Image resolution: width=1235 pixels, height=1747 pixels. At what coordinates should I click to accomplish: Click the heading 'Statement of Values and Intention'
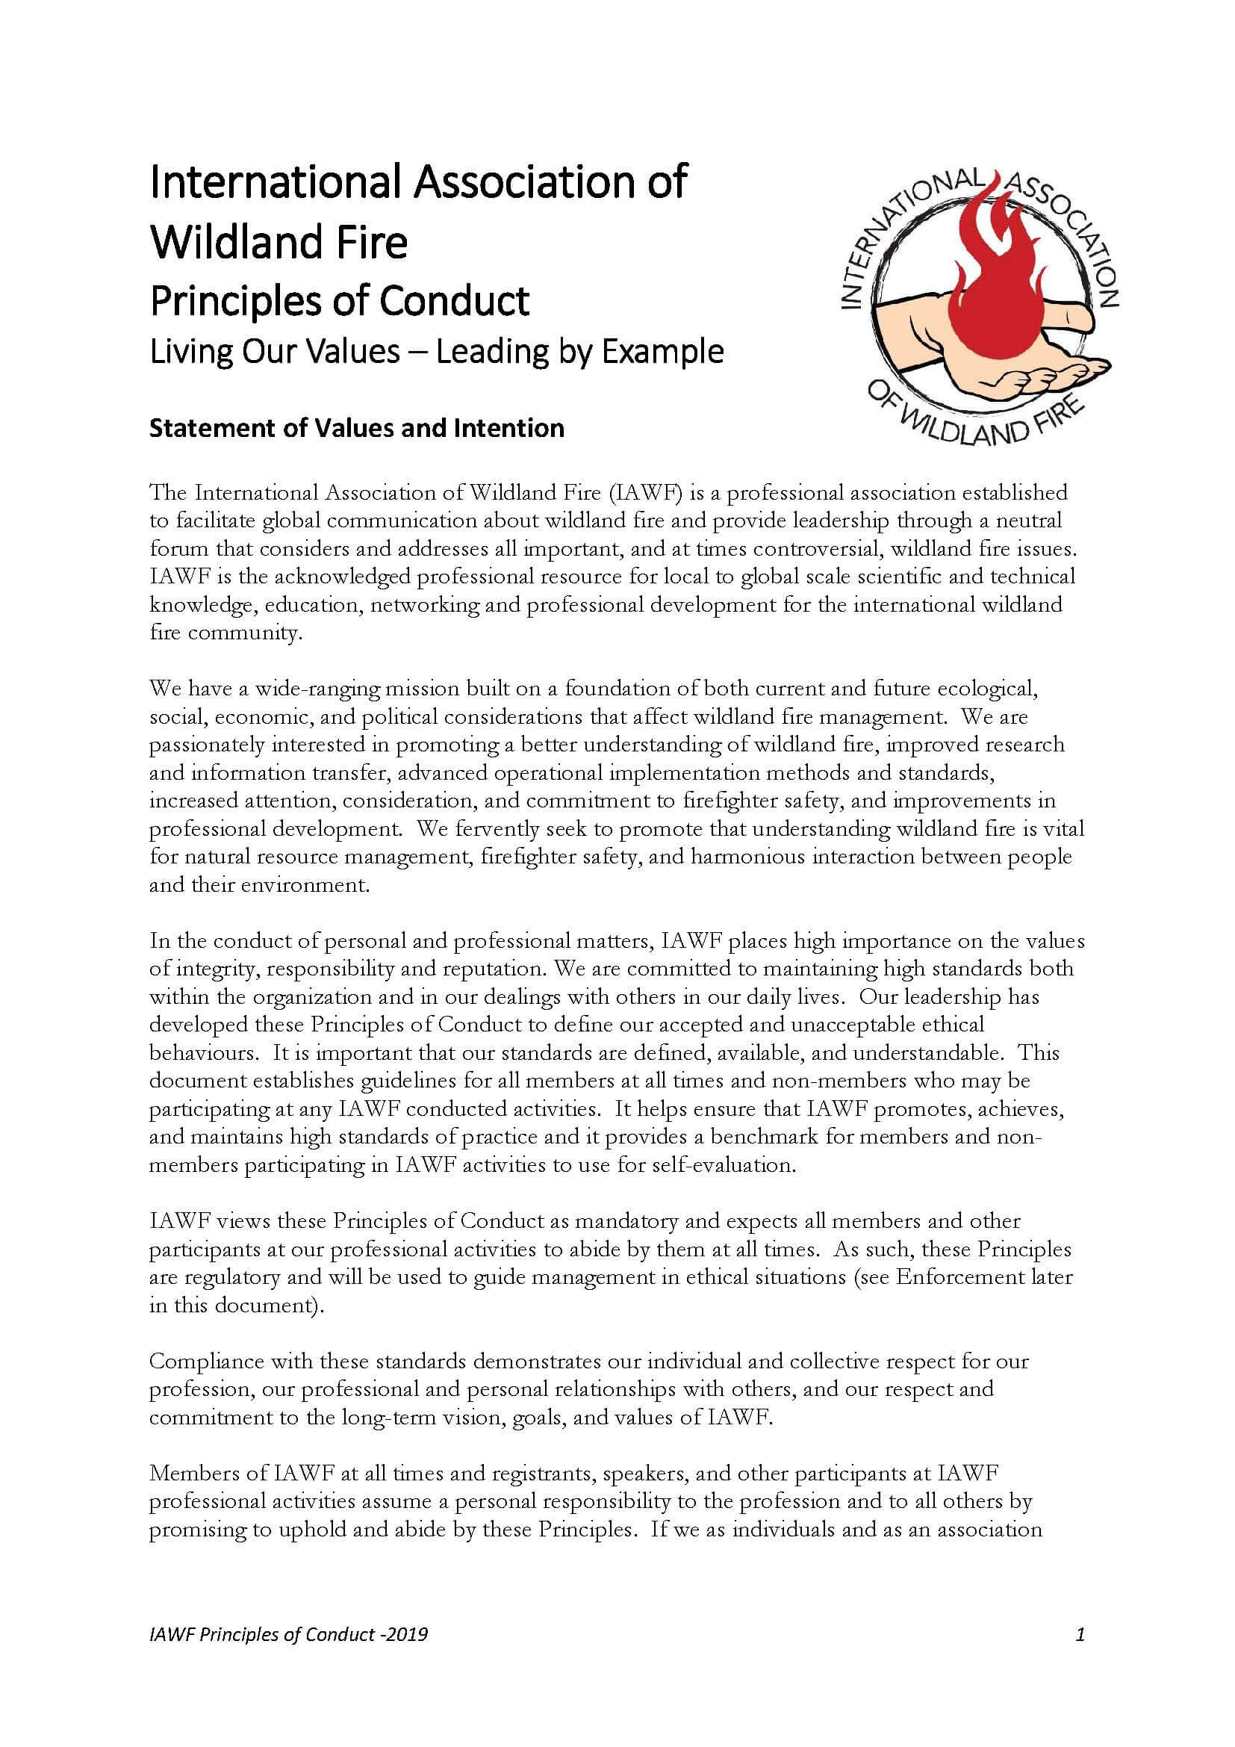pos(357,428)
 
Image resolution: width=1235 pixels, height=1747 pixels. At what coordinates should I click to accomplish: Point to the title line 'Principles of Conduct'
pos(339,300)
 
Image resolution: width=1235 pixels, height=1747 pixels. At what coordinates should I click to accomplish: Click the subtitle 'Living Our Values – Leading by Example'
pos(437,352)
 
